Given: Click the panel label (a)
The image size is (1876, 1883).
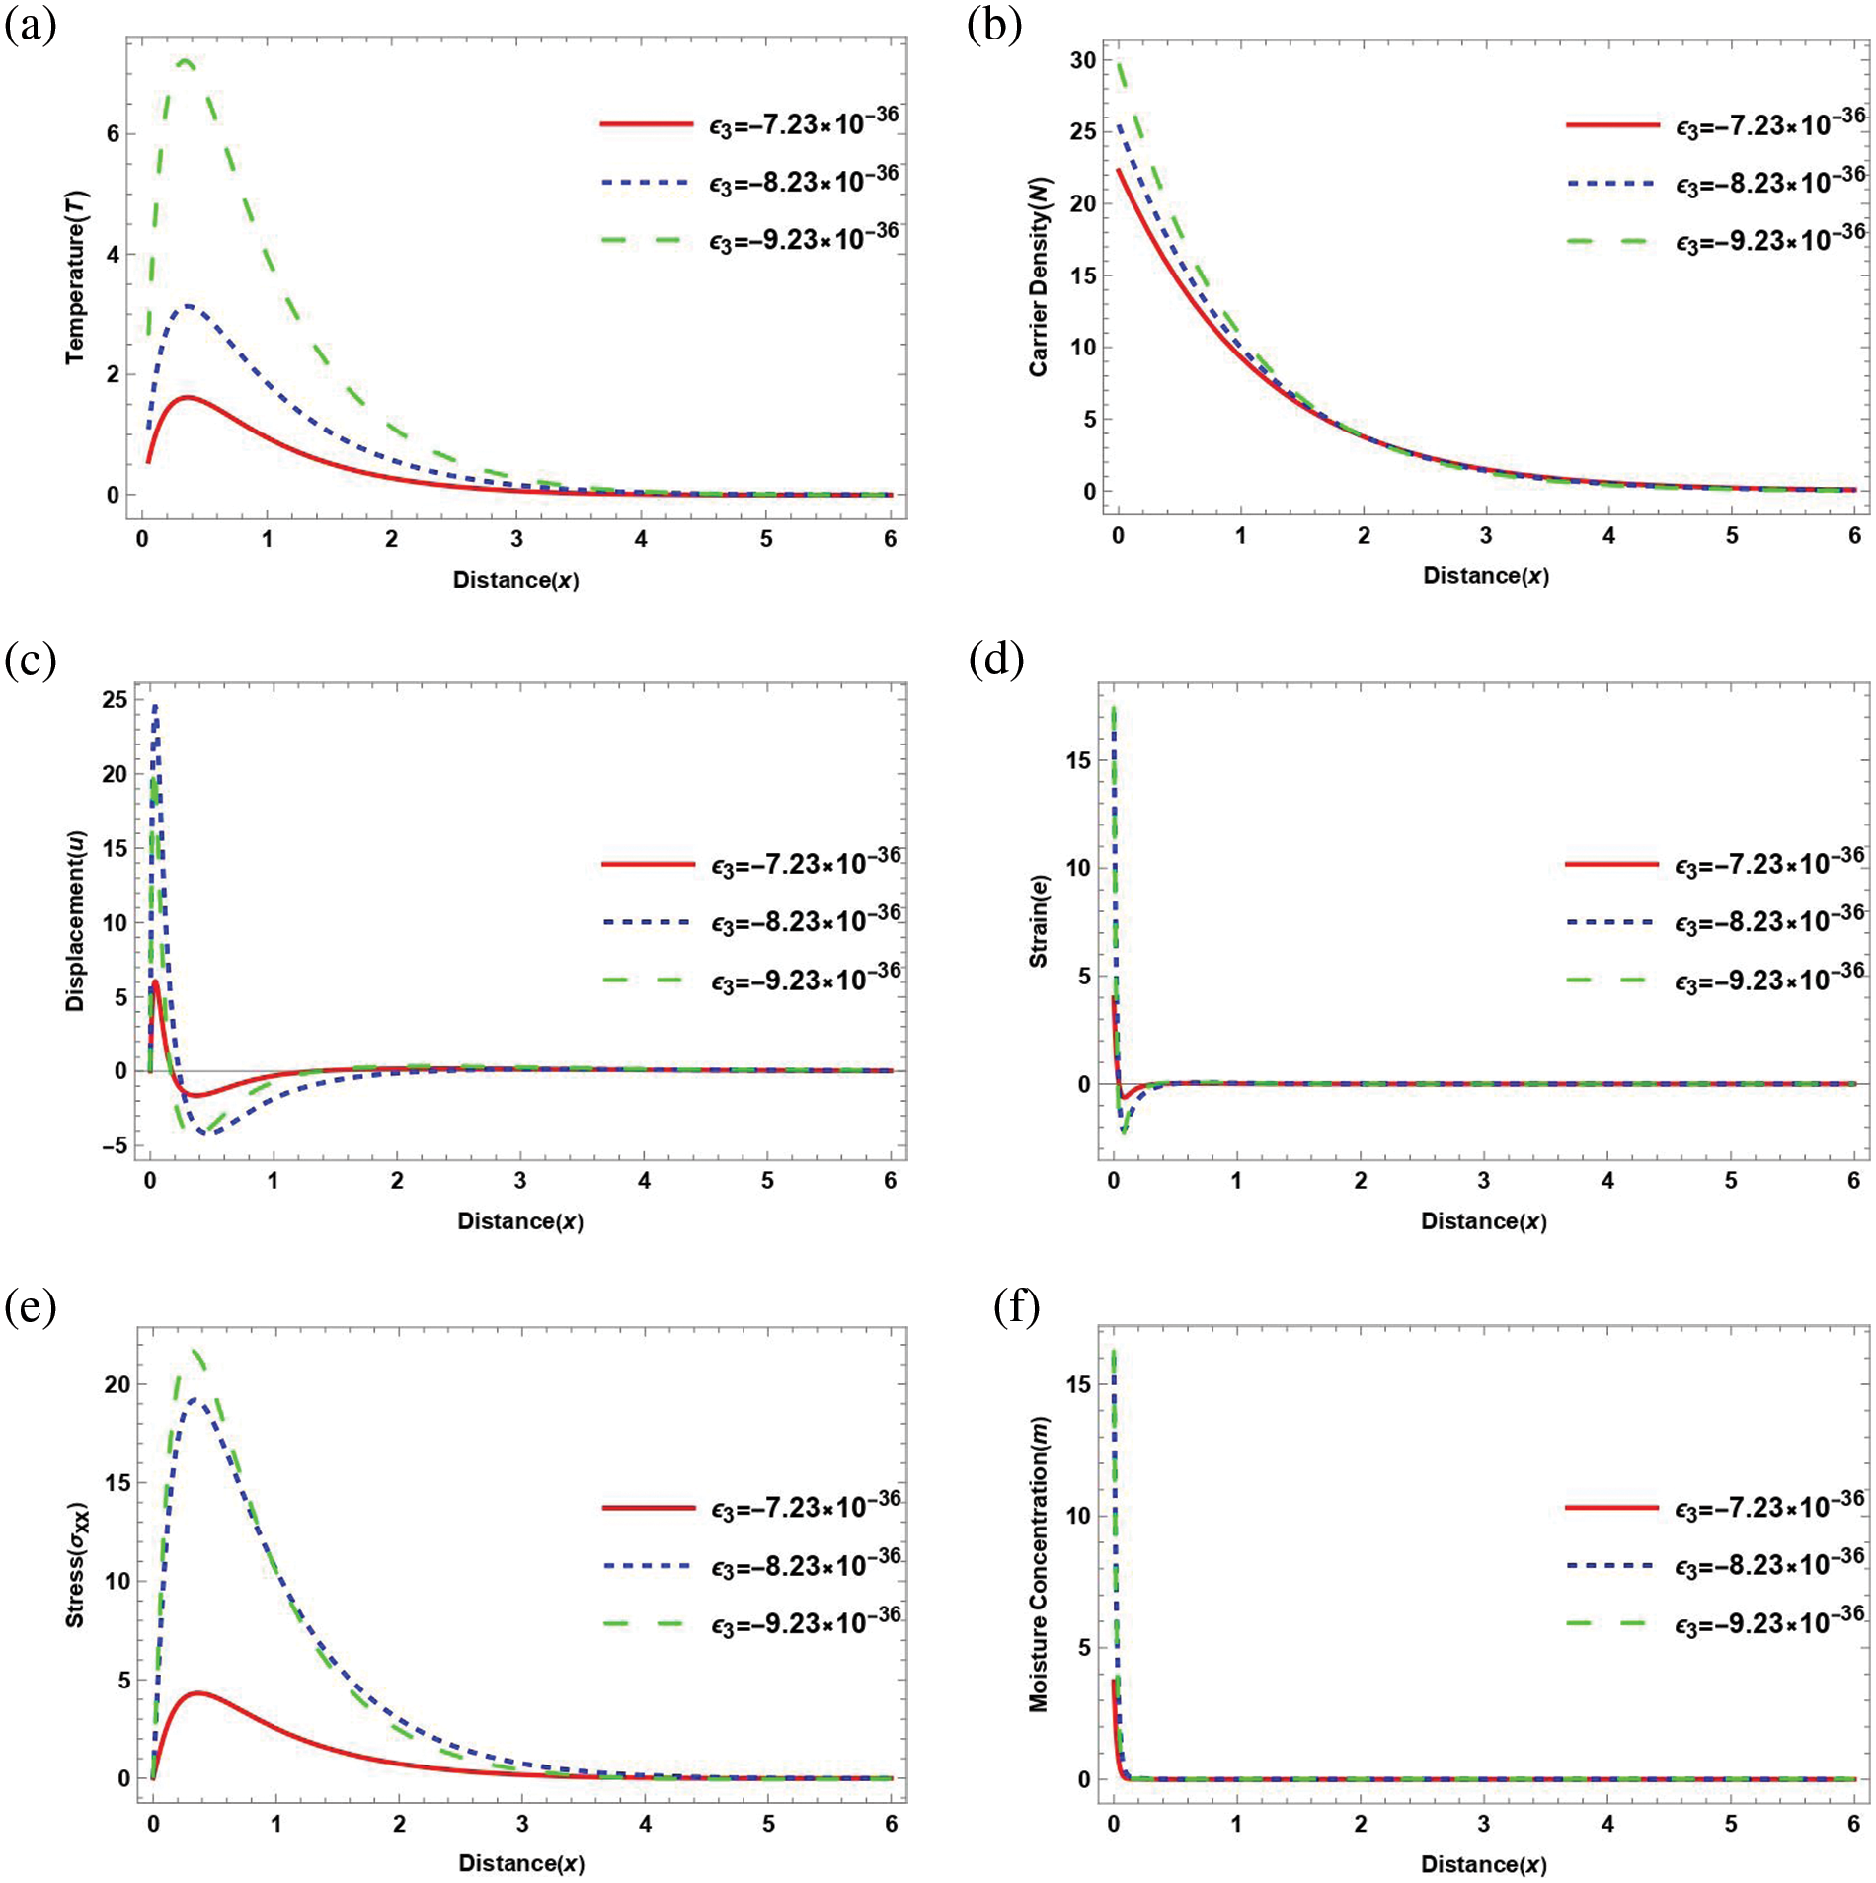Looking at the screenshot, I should pos(30,25).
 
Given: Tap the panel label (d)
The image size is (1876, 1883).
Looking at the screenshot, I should pos(996,659).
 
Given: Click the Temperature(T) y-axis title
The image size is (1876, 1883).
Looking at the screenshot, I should pos(76,277).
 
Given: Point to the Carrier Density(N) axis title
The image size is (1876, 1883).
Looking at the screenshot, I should pos(1040,277).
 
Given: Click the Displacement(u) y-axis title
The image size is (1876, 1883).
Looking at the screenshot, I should pos(76,920).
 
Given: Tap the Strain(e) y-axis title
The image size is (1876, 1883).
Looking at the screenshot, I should pos(1039,920).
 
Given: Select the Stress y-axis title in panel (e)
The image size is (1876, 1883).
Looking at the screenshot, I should pos(76,1565).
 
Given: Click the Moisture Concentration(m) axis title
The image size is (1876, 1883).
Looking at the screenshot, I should pos(1039,1564).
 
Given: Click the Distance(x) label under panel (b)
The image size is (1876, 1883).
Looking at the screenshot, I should pos(1485,576).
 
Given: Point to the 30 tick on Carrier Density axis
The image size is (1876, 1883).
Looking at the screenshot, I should pos(1083,61).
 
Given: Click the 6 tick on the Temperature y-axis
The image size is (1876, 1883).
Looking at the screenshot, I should pos(114,134).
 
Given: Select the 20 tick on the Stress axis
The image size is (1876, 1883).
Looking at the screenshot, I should pos(117,1385).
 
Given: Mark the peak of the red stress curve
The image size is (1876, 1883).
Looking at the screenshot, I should pos(198,1693).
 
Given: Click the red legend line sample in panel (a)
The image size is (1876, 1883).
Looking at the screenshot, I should pos(647,124).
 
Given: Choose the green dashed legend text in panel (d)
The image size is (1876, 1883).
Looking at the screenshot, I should pos(1768,980).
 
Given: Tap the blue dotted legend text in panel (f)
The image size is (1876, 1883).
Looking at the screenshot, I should pos(1768,1565).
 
